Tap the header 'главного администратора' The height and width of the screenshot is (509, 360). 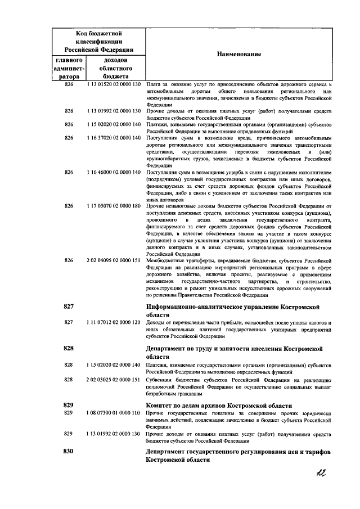(70, 68)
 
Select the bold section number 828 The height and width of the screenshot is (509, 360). (69, 349)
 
